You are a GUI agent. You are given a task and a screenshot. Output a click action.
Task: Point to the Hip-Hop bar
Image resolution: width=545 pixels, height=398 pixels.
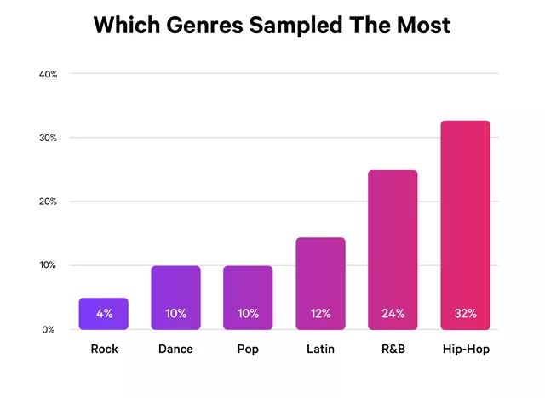(465, 225)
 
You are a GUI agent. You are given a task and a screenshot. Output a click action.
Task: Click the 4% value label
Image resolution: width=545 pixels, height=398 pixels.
(104, 314)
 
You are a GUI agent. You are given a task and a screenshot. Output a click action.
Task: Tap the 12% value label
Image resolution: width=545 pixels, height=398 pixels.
(320, 314)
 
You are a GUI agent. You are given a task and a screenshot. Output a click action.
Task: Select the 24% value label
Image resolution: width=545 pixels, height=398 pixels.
(393, 314)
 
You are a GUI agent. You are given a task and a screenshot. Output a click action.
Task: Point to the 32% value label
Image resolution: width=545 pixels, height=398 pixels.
(465, 314)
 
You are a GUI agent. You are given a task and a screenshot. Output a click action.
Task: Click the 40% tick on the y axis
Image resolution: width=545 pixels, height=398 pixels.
(49, 74)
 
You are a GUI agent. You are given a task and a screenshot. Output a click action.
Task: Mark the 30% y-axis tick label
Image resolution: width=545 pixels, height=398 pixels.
(49, 138)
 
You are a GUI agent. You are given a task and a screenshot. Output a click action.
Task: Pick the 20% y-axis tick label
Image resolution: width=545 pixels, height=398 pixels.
(49, 202)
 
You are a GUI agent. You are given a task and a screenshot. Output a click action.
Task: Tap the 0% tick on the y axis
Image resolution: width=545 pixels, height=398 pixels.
(50, 329)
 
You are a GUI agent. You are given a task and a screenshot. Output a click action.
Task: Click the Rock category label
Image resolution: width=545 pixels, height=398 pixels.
(104, 349)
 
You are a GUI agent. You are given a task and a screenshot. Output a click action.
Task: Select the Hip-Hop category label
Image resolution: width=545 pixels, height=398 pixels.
(465, 349)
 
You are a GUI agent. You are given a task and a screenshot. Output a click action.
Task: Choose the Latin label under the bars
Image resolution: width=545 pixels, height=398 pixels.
(320, 349)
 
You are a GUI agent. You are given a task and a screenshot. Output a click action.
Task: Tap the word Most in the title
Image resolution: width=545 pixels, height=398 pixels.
(425, 26)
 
